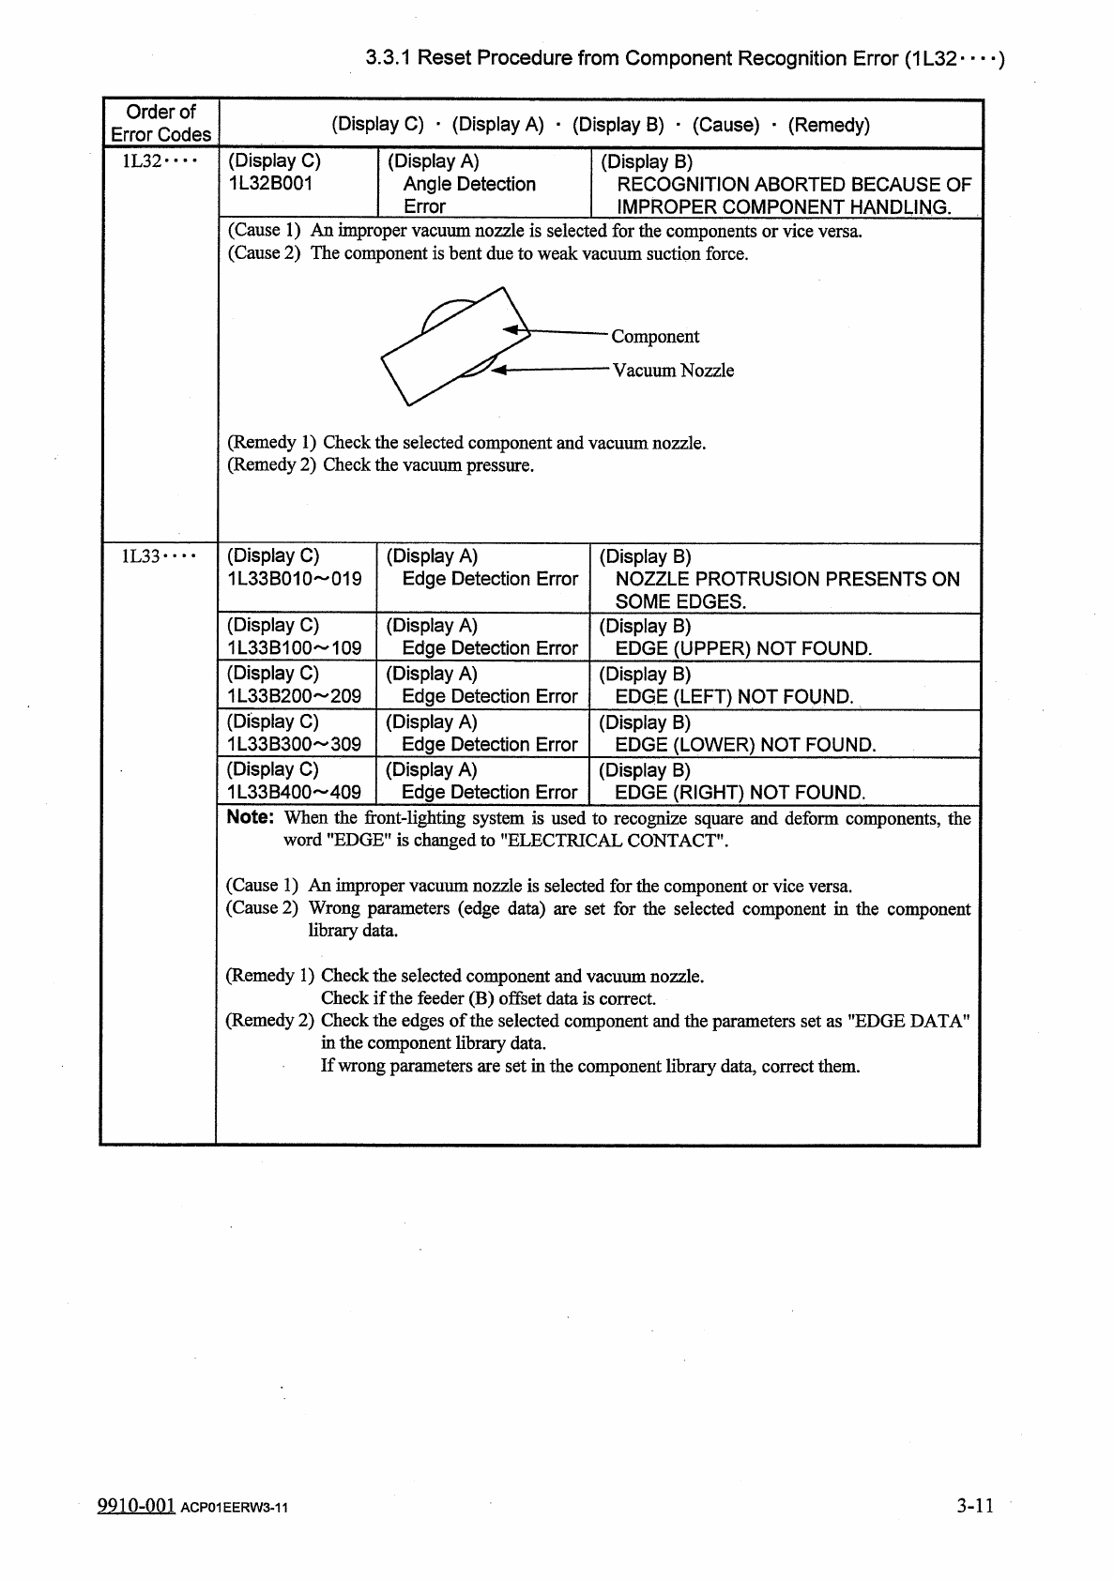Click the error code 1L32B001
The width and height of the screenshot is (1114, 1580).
pos(270,183)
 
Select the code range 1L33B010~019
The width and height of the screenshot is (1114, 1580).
pos(294,579)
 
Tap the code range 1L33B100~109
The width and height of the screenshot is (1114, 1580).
pos(294,648)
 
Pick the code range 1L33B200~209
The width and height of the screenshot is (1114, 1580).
pos(294,696)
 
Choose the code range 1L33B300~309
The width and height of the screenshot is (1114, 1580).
pos(294,745)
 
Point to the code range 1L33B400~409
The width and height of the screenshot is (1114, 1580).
pos(294,793)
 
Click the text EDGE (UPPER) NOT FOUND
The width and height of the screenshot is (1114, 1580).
pos(743,648)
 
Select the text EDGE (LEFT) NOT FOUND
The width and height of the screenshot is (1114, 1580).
pos(734,696)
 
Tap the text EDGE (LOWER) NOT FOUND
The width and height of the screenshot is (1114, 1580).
pos(745,745)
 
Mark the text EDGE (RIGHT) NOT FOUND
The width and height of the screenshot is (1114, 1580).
pos(740,793)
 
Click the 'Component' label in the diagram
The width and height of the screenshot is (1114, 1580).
pos(655,337)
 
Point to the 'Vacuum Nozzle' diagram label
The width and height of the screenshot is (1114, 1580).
pos(673,371)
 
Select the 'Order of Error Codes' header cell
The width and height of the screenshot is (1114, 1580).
pos(160,123)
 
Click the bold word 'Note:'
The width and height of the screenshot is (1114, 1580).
pos(250,817)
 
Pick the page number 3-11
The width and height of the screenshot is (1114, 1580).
pos(975,1506)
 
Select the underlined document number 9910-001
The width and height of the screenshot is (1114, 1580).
pos(137,1506)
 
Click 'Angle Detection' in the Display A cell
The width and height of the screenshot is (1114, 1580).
pos(469,184)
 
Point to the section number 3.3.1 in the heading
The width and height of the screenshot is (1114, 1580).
pos(388,58)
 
